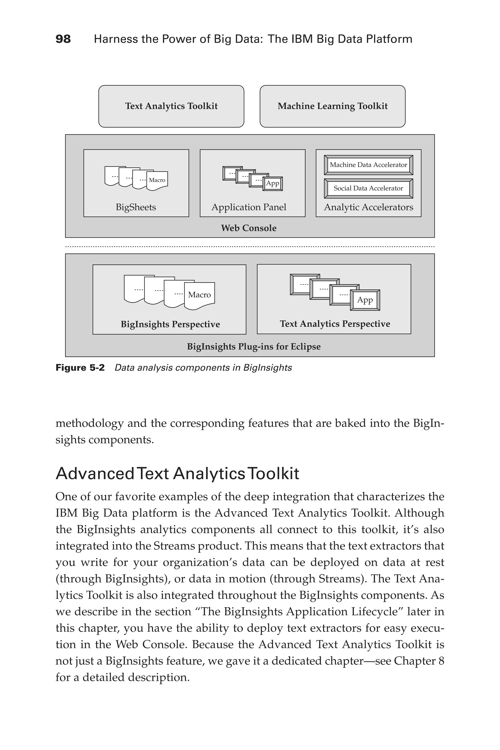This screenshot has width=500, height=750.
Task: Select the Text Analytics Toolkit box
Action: click(x=171, y=106)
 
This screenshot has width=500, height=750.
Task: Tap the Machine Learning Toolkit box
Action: click(x=332, y=106)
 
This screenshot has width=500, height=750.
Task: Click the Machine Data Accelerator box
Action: click(x=368, y=165)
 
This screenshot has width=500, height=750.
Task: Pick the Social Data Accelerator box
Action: click(x=368, y=188)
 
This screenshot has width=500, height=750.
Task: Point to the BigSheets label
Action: click(x=136, y=207)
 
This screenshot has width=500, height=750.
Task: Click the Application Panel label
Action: click(x=249, y=207)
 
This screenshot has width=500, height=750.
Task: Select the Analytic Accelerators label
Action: click(x=368, y=207)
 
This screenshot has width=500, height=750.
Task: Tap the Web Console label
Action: click(x=249, y=228)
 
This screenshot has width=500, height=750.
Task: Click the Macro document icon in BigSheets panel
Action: click(x=157, y=180)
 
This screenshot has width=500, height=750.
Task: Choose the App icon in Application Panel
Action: click(x=273, y=184)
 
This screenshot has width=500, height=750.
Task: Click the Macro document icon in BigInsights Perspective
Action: click(x=200, y=295)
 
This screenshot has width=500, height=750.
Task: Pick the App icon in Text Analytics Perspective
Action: click(x=365, y=300)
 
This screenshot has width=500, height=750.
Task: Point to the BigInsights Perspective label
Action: click(x=170, y=324)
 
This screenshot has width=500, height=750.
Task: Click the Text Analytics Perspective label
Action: click(x=335, y=324)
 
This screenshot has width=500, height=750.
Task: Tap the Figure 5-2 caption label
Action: click(x=80, y=368)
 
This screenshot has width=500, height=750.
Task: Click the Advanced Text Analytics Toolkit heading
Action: click(x=177, y=474)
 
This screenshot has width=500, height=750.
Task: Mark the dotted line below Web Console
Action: click(x=250, y=247)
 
